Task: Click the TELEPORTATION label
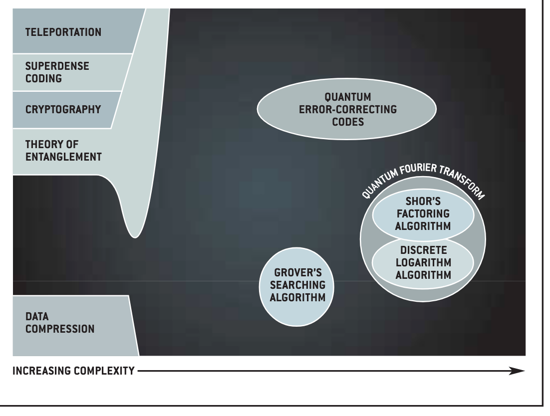(63, 33)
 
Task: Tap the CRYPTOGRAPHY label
(63, 110)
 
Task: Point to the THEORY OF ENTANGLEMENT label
(63, 151)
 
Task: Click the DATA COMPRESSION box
(59, 323)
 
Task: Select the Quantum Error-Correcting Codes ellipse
(346, 109)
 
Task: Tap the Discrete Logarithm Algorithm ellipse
(422, 261)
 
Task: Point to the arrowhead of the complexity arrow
(519, 371)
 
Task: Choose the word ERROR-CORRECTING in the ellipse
(347, 110)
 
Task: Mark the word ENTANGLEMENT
(63, 157)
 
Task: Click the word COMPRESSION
(59, 329)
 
